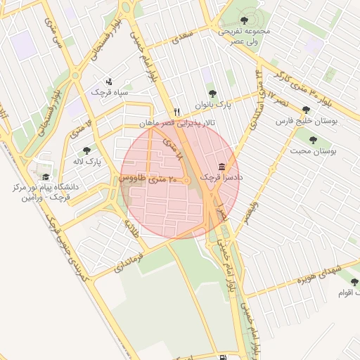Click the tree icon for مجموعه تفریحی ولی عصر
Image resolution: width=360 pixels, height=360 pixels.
coord(244,20)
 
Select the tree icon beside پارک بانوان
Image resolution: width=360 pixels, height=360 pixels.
coord(212,94)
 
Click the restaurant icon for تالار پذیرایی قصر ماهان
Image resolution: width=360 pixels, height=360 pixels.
coord(177,112)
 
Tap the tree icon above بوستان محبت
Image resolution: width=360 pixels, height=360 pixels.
coord(313,139)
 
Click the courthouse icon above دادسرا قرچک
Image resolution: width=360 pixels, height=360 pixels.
coord(222,167)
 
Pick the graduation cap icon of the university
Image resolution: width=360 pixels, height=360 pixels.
coord(46,177)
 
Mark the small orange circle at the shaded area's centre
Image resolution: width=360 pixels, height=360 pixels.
coord(187,181)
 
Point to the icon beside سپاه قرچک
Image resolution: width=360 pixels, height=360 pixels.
coord(108,81)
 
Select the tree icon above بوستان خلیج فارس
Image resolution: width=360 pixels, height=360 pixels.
coord(305,110)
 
